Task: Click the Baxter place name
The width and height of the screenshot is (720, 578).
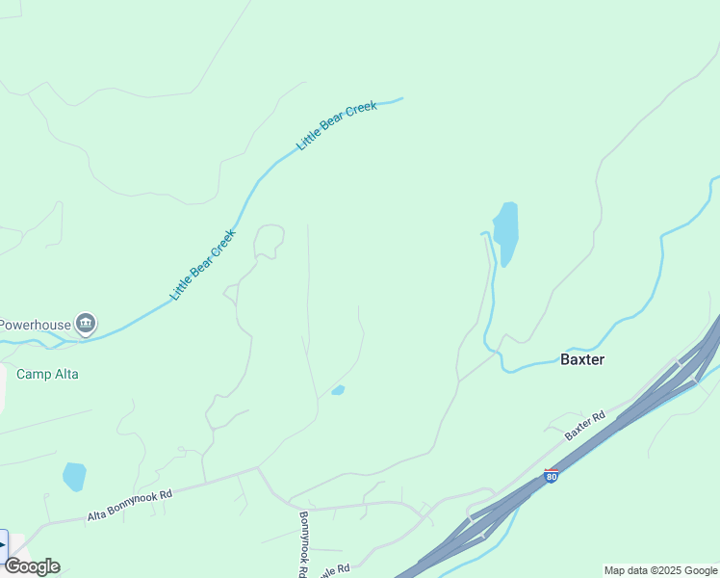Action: [582, 359]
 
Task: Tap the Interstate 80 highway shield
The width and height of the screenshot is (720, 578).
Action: [551, 476]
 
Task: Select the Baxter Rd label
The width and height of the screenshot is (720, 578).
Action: [584, 426]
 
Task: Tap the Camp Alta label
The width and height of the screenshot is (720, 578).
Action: [47, 374]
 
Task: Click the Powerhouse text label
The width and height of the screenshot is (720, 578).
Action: [36, 325]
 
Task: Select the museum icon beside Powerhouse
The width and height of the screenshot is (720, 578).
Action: [86, 323]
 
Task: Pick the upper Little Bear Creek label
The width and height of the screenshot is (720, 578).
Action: [337, 125]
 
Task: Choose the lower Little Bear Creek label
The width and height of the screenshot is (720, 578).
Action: [203, 264]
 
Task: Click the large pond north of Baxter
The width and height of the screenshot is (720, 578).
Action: [505, 231]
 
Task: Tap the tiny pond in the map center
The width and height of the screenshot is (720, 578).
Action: [338, 390]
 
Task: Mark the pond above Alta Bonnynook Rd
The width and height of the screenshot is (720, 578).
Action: [73, 476]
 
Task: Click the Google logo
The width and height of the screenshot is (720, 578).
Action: [32, 566]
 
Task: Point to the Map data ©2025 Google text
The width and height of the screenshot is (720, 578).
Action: [661, 570]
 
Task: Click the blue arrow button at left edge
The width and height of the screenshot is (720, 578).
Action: [3, 545]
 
